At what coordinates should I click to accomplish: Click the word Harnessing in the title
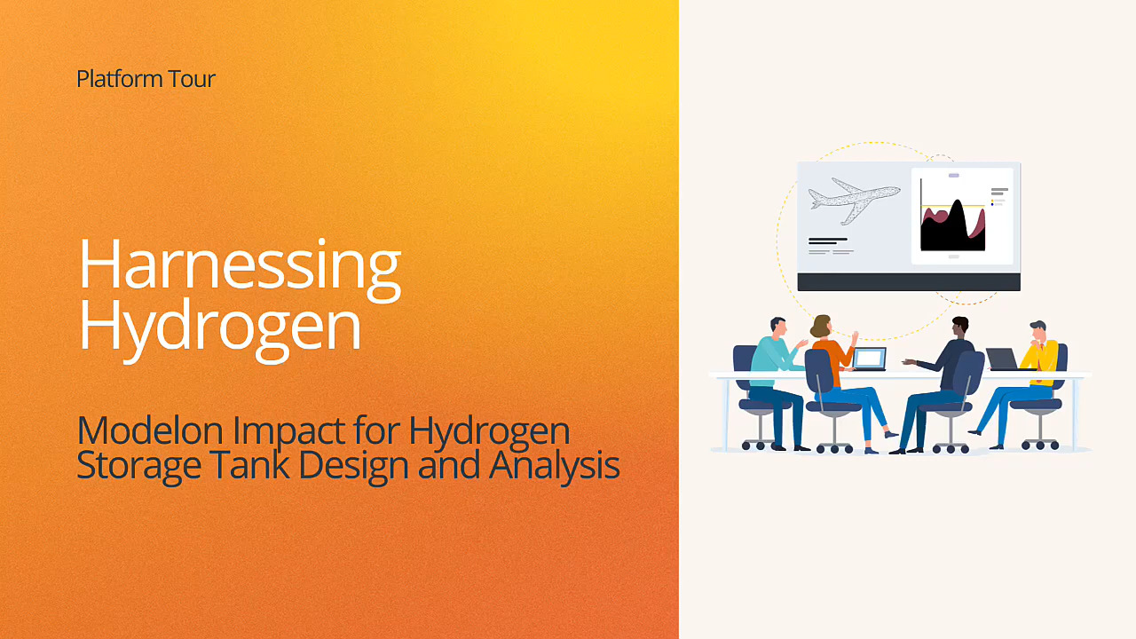tap(240, 265)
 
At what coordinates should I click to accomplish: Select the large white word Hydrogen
tap(220, 327)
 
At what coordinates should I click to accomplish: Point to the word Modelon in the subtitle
tap(150, 430)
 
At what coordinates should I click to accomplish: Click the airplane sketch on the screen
tap(853, 201)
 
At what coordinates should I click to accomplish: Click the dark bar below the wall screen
tap(909, 282)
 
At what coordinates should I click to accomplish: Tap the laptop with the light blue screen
tap(870, 359)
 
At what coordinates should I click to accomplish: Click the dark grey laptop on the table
tap(1002, 359)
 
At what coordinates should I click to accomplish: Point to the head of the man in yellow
tap(1038, 331)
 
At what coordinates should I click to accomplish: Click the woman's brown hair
tap(819, 326)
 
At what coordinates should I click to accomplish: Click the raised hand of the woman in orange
tap(855, 337)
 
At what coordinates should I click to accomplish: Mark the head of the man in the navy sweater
tap(959, 327)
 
